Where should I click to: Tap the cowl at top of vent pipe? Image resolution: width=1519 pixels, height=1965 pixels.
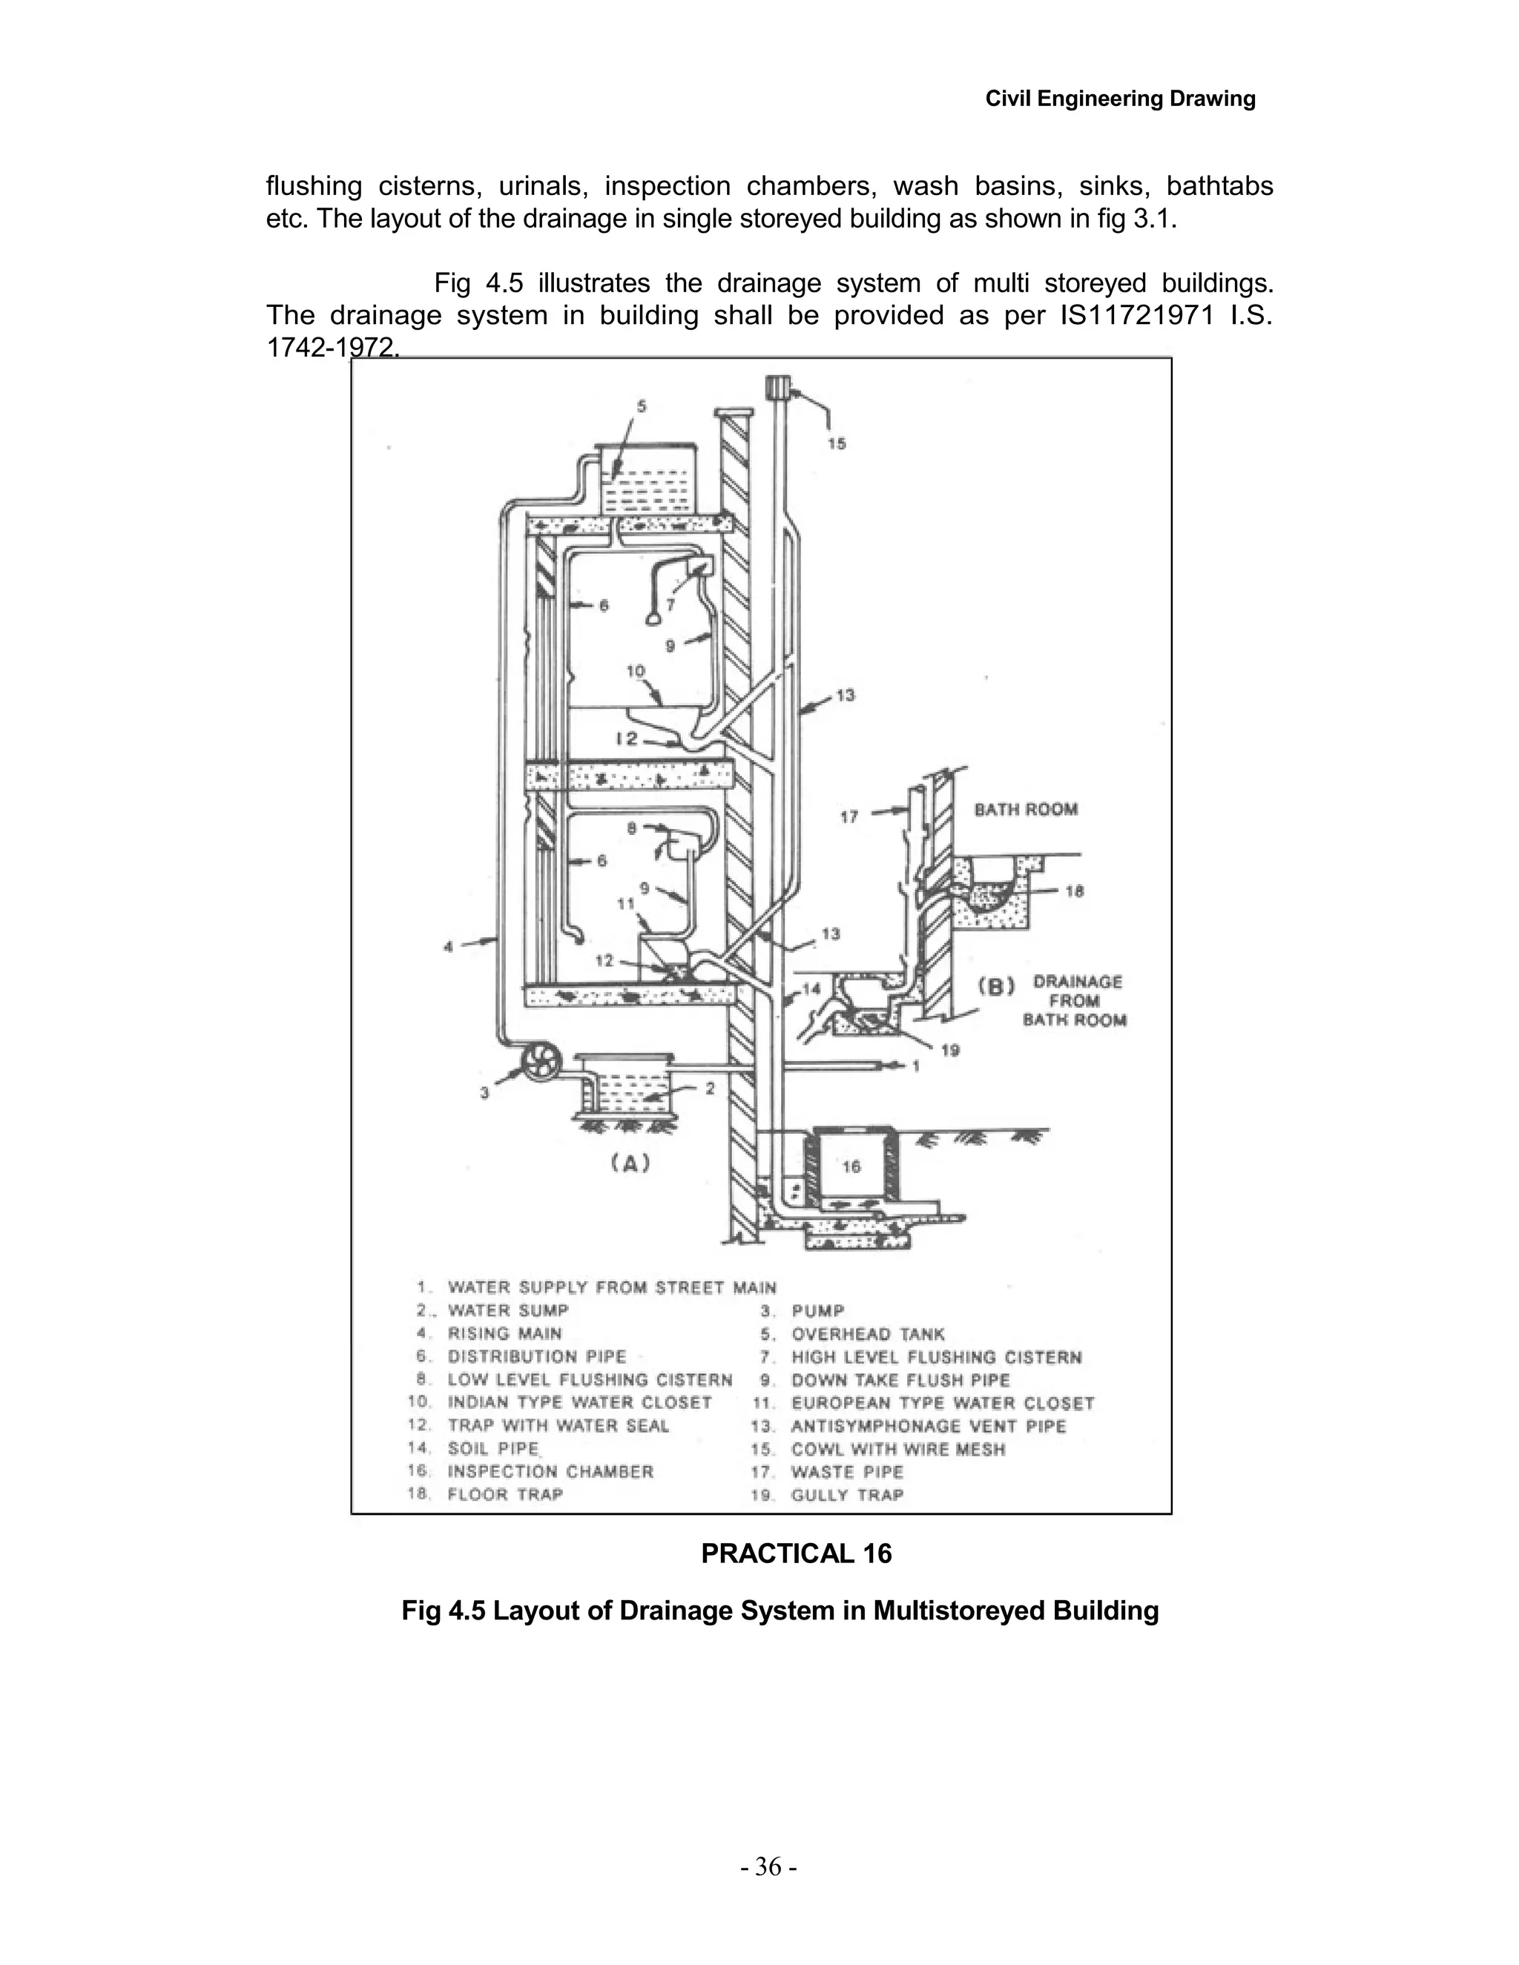click(x=777, y=389)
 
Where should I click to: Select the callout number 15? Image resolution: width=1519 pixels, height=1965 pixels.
click(x=837, y=443)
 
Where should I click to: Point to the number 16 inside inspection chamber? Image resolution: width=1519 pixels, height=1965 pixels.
click(x=851, y=1166)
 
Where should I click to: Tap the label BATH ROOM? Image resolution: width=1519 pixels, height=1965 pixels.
click(x=1026, y=809)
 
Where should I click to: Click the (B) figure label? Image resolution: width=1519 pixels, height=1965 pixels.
click(x=996, y=986)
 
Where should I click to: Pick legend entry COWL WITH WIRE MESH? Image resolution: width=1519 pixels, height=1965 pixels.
click(x=897, y=1450)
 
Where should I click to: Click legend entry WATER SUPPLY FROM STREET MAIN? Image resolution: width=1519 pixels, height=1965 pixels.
click(x=612, y=1287)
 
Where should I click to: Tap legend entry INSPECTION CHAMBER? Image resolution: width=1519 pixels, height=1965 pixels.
click(x=551, y=1472)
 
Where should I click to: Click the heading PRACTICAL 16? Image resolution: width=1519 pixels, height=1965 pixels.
click(x=797, y=1553)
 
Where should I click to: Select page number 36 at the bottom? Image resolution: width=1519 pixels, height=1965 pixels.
click(x=768, y=1867)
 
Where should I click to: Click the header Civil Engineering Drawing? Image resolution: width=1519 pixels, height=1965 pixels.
click(x=1121, y=98)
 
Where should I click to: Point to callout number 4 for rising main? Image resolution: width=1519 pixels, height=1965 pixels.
click(x=448, y=945)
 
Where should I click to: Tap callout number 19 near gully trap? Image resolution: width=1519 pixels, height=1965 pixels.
click(x=950, y=1050)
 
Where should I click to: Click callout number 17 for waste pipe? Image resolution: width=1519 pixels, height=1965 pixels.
click(x=849, y=817)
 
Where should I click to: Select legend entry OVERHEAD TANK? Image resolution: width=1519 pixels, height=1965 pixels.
click(x=868, y=1334)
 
